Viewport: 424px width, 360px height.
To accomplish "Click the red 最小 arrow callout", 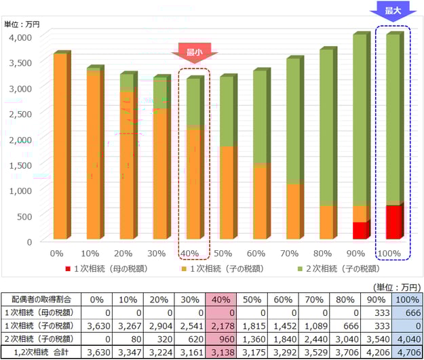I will click(194, 50).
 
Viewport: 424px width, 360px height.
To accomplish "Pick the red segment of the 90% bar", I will click(360, 231).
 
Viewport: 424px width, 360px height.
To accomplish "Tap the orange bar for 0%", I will click(60, 146).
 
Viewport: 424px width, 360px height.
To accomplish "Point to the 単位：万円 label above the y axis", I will click(22, 24).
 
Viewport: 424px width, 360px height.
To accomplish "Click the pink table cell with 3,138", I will click(221, 352).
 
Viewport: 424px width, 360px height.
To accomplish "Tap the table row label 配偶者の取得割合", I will click(39, 300).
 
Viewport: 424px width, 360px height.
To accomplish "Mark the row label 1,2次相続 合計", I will click(39, 352).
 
